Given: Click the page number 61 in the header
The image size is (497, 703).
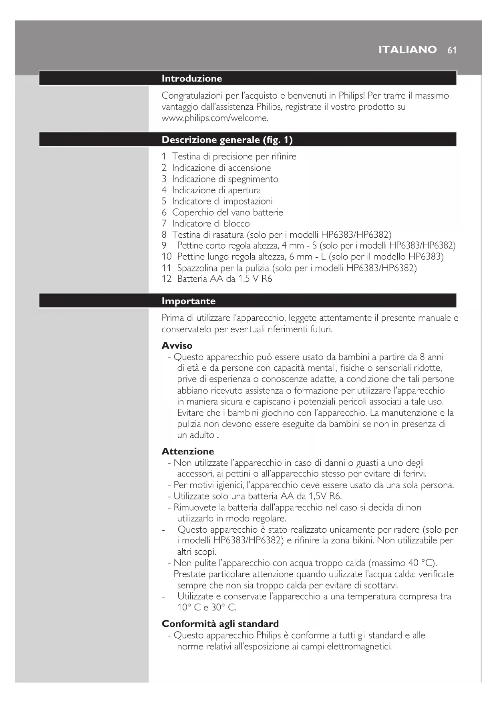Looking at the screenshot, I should pyautogui.click(x=452, y=50).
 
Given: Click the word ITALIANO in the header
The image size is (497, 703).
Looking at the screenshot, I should pyautogui.click(x=407, y=50).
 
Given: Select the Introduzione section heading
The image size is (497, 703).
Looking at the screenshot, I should pyautogui.click(x=191, y=79).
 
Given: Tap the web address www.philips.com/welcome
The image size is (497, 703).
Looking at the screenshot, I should pyautogui.click(x=215, y=118).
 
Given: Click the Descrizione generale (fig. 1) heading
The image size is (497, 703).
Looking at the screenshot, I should pyautogui.click(x=227, y=140).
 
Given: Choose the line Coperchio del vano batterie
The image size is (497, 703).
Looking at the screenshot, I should pyautogui.click(x=227, y=212).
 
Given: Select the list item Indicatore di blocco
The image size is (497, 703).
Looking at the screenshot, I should pyautogui.click(x=211, y=224).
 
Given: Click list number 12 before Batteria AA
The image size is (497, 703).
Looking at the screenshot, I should pyautogui.click(x=166, y=279).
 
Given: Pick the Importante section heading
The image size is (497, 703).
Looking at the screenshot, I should pyautogui.click(x=188, y=301).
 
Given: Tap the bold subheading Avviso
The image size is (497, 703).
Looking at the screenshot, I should pyautogui.click(x=177, y=345).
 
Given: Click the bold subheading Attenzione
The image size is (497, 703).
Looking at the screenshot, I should pyautogui.click(x=187, y=451).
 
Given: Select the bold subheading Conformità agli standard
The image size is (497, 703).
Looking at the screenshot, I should pyautogui.click(x=220, y=624).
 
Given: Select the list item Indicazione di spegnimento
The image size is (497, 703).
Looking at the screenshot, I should pyautogui.click(x=225, y=179).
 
